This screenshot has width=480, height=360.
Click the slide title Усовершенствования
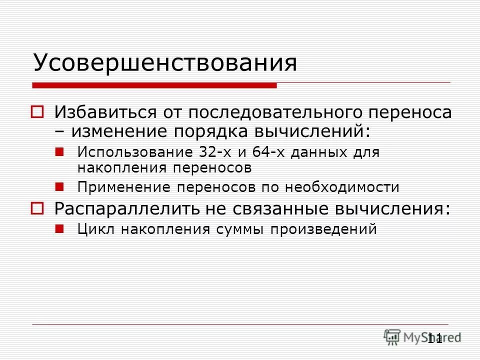point(165,63)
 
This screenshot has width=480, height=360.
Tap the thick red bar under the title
point(154,85)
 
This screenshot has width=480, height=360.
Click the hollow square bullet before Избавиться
point(38,112)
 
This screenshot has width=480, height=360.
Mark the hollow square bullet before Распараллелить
point(38,207)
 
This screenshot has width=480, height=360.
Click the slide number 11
point(435,338)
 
